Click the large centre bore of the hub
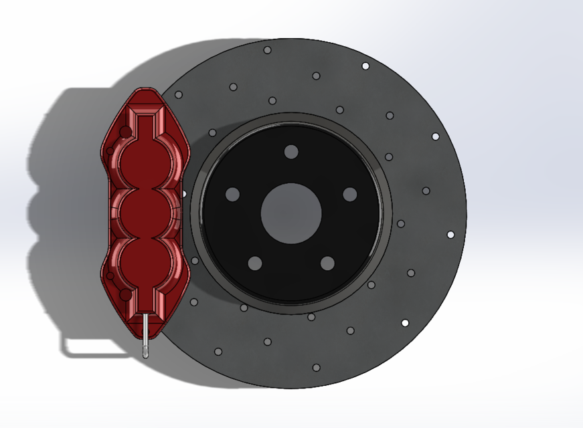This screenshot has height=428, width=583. tap(291, 213)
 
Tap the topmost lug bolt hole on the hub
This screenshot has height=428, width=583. tap(290, 152)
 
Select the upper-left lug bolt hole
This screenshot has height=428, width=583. tap(232, 195)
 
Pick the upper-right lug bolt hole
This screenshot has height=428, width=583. tap(349, 194)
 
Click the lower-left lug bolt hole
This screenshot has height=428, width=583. tap(254, 263)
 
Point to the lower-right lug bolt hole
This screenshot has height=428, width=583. tap(327, 263)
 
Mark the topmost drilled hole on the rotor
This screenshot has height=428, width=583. tap(267, 50)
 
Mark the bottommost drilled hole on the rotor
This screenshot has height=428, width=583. tap(316, 367)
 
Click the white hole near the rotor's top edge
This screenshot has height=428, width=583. tap(365, 66)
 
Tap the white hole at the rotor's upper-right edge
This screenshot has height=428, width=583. tap(435, 136)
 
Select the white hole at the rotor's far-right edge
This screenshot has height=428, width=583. tap(450, 235)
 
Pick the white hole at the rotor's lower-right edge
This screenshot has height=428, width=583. tap(405, 323)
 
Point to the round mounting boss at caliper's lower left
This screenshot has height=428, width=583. tap(124, 294)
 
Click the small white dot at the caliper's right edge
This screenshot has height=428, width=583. tap(185, 195)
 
